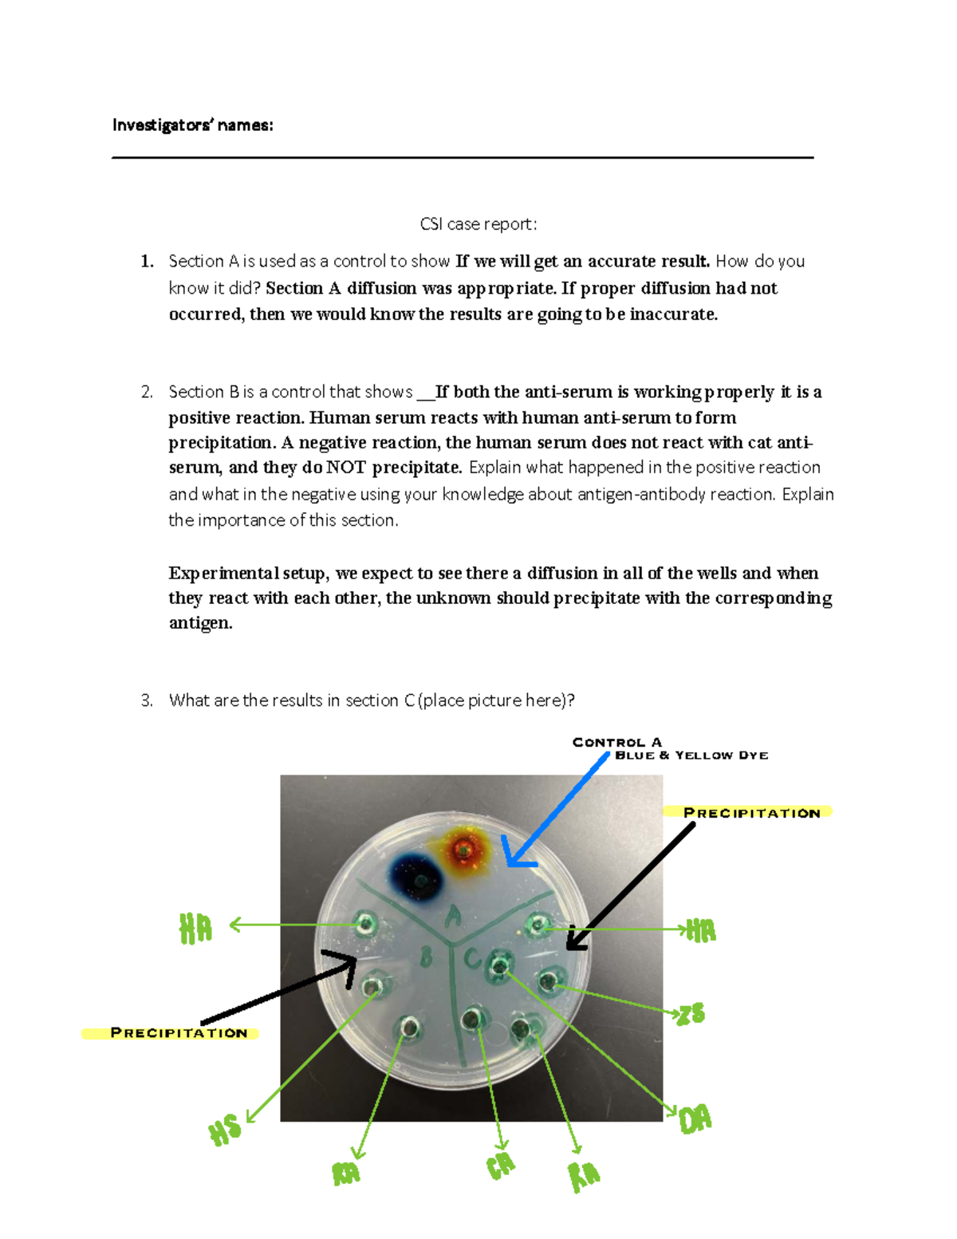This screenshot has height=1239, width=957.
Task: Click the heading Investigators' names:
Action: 192,125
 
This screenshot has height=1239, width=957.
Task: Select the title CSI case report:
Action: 478,224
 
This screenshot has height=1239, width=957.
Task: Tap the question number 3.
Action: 146,700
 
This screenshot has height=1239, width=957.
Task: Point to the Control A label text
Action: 616,742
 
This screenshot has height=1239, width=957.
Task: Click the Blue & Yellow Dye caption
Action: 691,755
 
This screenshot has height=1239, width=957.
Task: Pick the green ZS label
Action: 691,1014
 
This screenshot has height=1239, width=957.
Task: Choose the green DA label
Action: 695,1120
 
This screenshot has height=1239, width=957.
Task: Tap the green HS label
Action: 225,1130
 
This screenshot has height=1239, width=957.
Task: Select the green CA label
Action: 501,1166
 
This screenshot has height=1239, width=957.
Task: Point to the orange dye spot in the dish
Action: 463,851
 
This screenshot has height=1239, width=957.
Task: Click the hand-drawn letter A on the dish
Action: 453,917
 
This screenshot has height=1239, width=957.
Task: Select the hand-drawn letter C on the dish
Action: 473,957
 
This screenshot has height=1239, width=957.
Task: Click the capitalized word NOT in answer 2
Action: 347,468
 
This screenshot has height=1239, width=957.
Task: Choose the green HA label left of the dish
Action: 195,929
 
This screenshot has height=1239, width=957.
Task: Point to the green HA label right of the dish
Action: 701,930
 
